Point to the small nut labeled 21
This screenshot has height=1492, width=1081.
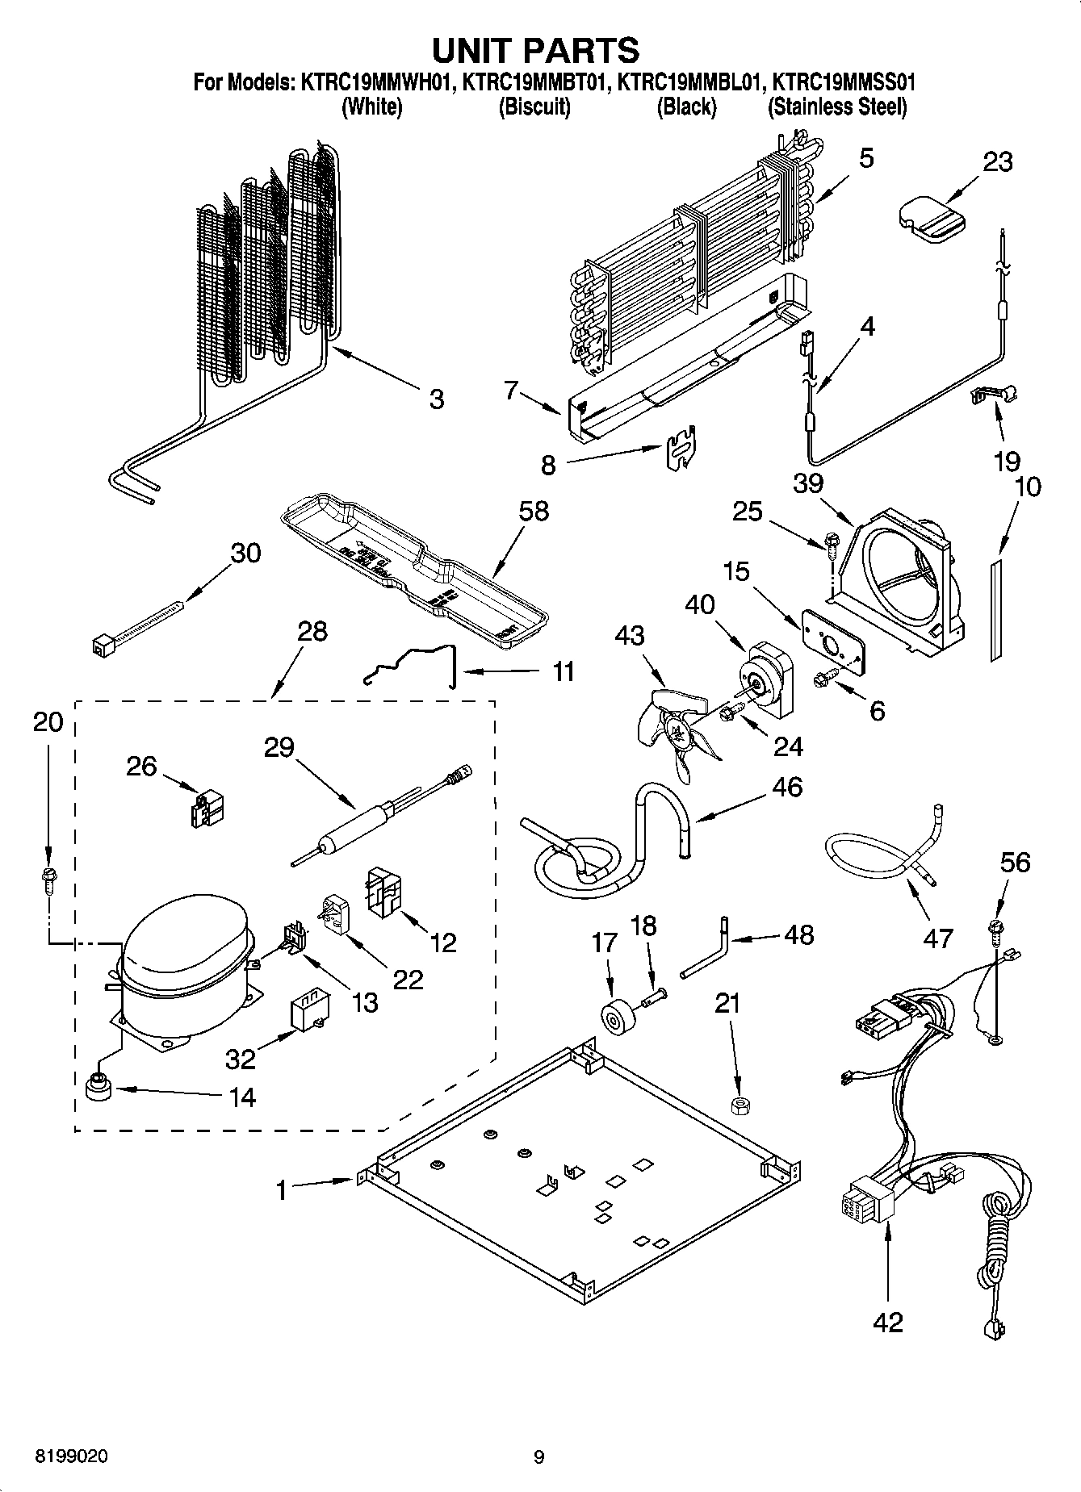[736, 1104]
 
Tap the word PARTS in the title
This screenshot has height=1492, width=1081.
[581, 50]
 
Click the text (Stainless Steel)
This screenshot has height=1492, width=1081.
[837, 107]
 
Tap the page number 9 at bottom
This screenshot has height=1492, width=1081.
[539, 1456]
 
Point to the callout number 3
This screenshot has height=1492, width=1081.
[436, 399]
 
